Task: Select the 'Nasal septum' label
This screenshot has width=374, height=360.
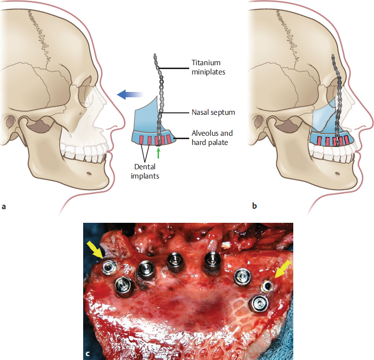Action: (213, 112)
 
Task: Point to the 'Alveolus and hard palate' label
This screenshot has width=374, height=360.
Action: (213, 137)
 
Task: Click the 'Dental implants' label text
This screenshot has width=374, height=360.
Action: (146, 172)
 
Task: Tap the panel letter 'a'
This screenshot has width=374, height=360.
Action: (4, 206)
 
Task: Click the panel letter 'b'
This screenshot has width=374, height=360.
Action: (255, 206)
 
